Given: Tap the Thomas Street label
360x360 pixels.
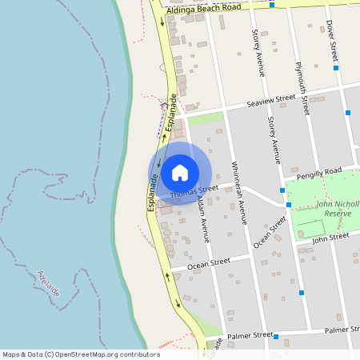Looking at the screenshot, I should (x=194, y=193).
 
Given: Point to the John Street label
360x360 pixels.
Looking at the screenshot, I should (x=330, y=237).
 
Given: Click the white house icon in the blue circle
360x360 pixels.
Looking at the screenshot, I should (x=180, y=173).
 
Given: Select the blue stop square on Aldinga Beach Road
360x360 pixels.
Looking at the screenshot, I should (x=272, y=5).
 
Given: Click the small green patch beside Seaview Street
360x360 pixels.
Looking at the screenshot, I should (x=206, y=119).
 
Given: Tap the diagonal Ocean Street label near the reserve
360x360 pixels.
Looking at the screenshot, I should (x=270, y=231).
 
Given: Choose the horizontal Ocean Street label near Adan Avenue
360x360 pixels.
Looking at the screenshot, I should (x=208, y=262).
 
